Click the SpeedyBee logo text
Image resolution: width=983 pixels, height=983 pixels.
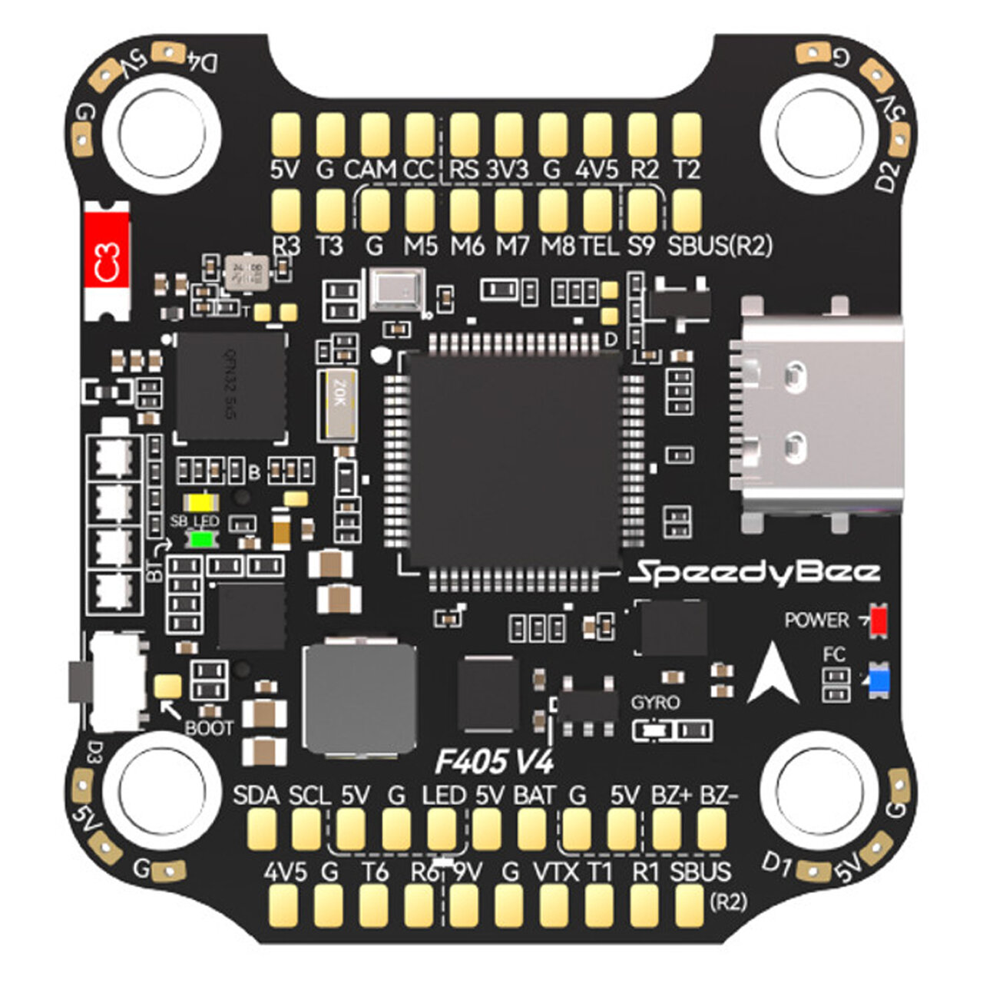(755, 572)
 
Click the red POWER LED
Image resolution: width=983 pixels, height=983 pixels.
(878, 620)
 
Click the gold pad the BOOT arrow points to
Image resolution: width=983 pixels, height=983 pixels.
(167, 686)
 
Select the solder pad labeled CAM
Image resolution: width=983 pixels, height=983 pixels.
(376, 134)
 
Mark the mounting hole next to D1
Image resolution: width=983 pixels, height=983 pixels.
(820, 791)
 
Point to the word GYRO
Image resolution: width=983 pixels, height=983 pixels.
(655, 702)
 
